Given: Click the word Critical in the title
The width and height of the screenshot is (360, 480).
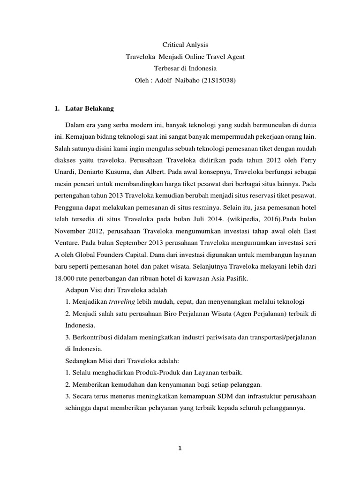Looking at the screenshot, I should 173,45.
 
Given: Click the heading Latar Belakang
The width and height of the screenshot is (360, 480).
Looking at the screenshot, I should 88,108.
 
